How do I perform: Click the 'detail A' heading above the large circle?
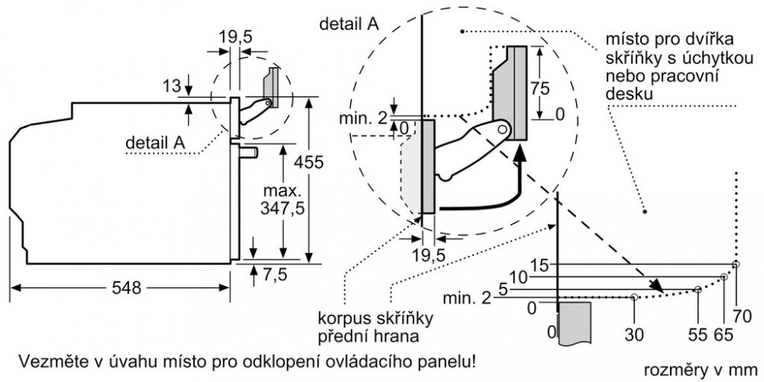349,24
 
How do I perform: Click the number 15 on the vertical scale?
538,264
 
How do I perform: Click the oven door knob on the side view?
251,152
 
